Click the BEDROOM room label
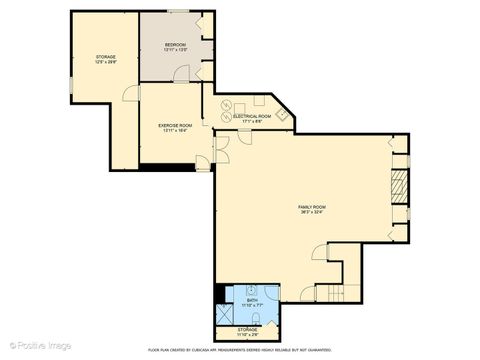point(175,44)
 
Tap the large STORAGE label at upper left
point(106,57)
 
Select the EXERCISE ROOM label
point(175,125)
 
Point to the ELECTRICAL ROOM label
point(252,117)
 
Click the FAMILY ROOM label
point(312,207)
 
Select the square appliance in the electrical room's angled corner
point(283,114)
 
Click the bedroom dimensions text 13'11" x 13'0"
point(175,50)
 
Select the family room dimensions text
point(312,213)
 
